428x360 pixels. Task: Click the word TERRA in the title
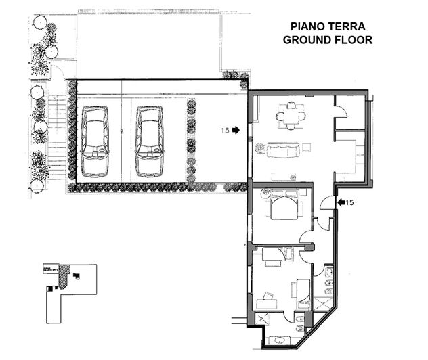347,26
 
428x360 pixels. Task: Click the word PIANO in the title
309,26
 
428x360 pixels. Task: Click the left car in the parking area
95,141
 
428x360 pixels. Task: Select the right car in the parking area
149,141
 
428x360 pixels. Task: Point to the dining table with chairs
291,115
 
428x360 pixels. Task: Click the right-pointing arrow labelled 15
236,130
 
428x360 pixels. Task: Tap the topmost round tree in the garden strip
39,22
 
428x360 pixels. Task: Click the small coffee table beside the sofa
307,147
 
